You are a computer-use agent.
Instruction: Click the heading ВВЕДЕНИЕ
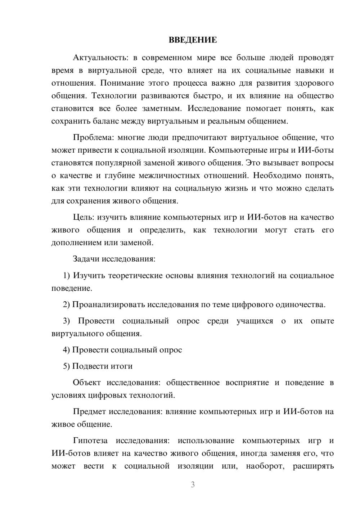click(193, 40)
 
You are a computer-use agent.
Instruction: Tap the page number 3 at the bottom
click(193, 485)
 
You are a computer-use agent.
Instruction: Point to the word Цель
click(84, 217)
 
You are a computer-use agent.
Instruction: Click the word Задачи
click(86, 259)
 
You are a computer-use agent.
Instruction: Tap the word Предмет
click(90, 411)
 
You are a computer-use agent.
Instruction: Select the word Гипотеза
click(90, 441)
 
